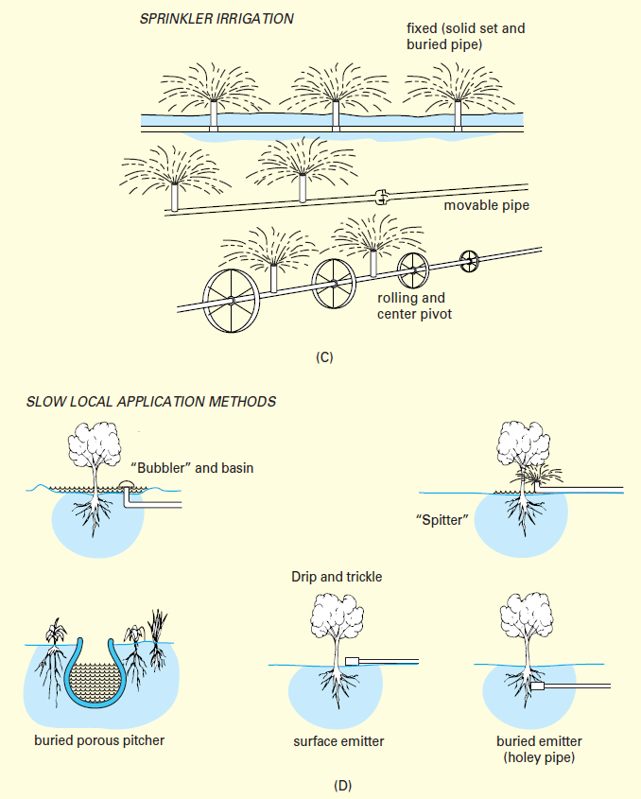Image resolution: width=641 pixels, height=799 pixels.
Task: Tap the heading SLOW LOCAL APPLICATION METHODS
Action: click(151, 402)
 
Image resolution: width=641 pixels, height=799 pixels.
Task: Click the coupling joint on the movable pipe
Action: click(382, 198)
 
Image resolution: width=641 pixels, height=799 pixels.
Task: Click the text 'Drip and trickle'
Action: click(338, 576)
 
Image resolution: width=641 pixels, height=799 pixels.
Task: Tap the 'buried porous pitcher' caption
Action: click(99, 740)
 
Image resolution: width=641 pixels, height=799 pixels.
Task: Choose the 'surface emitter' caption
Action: click(338, 741)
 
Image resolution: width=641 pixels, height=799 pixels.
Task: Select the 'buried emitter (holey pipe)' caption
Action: click(539, 750)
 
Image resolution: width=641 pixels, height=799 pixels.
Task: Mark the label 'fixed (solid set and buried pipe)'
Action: click(460, 35)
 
